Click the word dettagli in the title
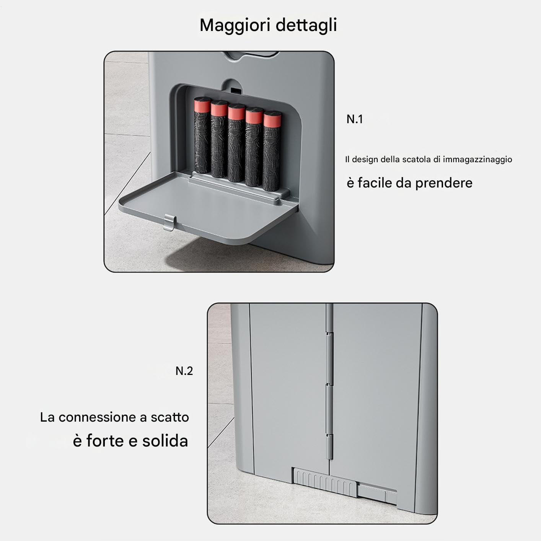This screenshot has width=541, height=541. [x=306, y=25]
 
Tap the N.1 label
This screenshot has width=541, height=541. [x=355, y=119]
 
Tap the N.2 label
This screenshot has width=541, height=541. [x=184, y=371]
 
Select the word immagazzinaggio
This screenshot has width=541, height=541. [x=477, y=160]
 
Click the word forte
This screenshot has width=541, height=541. [x=105, y=441]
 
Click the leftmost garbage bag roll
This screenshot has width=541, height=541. [x=202, y=135]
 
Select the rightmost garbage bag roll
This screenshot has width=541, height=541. [x=272, y=151]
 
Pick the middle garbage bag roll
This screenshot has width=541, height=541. [x=236, y=143]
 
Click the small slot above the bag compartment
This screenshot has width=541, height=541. [x=236, y=91]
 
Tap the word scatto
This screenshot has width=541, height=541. [x=170, y=417]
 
